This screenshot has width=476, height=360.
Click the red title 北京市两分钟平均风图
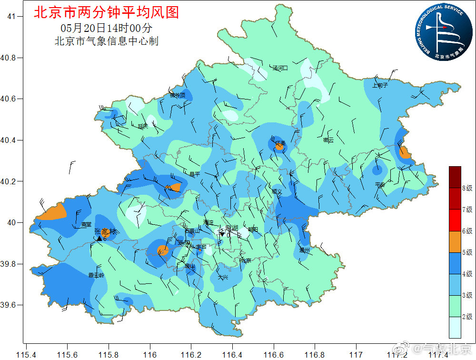click(106, 12)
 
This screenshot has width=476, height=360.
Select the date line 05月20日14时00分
click(107, 28)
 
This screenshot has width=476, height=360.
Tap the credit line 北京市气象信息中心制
click(107, 41)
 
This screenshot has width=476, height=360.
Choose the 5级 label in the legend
click(467, 252)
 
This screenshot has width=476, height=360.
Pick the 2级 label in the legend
click(467, 317)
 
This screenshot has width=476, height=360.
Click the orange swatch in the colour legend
click(455, 241)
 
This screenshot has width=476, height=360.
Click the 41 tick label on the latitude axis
click(11, 17)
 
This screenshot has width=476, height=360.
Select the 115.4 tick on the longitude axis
click(27, 354)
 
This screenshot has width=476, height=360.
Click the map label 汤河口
click(280, 69)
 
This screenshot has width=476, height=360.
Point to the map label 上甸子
click(380, 86)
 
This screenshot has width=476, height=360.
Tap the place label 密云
click(328, 140)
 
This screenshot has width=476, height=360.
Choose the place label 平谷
click(380, 184)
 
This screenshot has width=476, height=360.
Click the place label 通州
click(305, 250)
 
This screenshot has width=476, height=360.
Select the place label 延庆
click(143, 127)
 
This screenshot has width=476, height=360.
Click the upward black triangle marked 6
click(99, 238)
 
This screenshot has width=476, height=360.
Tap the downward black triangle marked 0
click(221, 234)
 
